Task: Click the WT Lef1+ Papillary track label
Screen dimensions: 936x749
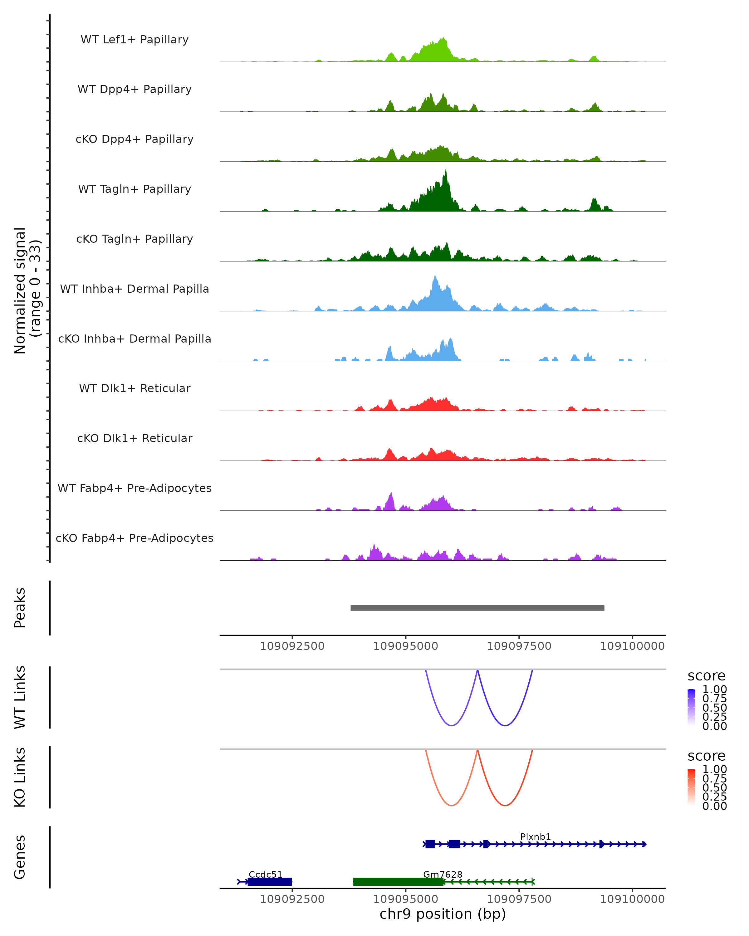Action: coord(135,40)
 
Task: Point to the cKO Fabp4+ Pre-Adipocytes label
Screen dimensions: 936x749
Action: coord(135,538)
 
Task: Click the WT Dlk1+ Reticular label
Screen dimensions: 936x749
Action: coord(135,388)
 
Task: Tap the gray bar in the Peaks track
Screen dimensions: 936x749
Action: coord(477,608)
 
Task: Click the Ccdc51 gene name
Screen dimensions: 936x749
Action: coord(265,874)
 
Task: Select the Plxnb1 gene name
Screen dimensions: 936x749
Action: coord(535,836)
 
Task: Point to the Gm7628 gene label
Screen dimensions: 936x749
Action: coord(443,874)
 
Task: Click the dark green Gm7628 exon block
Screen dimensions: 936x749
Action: coord(398,882)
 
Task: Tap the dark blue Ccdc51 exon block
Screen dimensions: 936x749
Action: coord(270,882)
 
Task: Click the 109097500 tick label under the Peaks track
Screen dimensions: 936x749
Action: coord(519,646)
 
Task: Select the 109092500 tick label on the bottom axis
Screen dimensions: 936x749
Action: coord(292,899)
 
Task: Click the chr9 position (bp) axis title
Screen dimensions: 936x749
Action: coord(443,914)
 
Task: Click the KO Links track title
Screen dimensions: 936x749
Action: coord(20,777)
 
